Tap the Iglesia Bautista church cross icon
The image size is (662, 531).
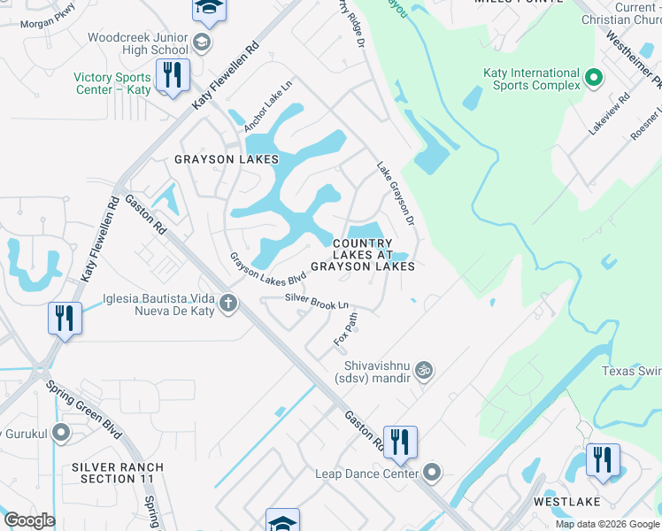[x=228, y=304]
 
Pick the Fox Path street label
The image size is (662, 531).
[x=345, y=327]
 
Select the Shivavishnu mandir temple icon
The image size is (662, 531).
[x=424, y=368]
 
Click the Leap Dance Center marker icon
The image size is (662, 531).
[x=432, y=473]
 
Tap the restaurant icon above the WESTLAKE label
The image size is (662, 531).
[x=603, y=460]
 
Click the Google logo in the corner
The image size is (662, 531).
[x=29, y=520]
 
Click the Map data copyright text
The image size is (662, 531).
[x=606, y=524]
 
